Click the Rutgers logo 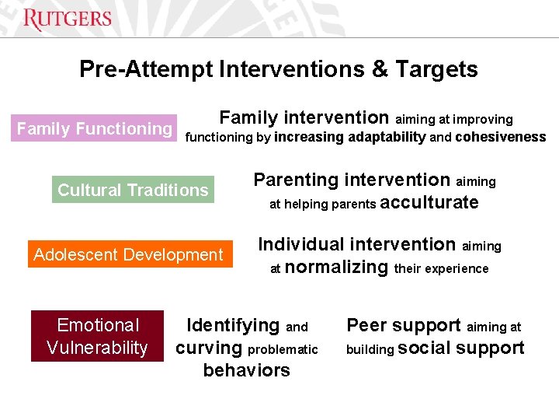68,19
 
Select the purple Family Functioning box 95,128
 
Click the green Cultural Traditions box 133,190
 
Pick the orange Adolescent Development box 129,254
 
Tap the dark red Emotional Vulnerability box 97,336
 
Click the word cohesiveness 501,138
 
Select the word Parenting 296,180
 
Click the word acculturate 430,203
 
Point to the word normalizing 336,268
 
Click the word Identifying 233,326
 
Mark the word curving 210,348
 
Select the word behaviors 246,371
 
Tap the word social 424,348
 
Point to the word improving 483,120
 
